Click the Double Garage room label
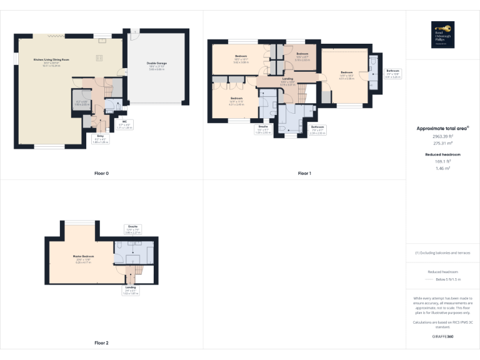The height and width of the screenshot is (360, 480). (157, 65)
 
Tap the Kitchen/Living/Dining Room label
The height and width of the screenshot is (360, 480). (46, 62)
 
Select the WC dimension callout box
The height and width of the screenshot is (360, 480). (126, 125)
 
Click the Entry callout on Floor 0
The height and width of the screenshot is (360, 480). (100, 139)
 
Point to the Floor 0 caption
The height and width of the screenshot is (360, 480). (102, 173)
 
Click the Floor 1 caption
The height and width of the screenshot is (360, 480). (304, 173)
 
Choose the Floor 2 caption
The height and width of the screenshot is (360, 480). (102, 343)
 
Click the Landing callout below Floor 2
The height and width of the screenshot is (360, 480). (131, 289)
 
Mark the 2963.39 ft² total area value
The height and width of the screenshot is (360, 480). (443, 136)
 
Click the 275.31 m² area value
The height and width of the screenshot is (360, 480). (443, 143)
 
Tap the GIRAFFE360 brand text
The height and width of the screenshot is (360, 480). (443, 337)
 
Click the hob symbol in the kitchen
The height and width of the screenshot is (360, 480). (99, 58)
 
